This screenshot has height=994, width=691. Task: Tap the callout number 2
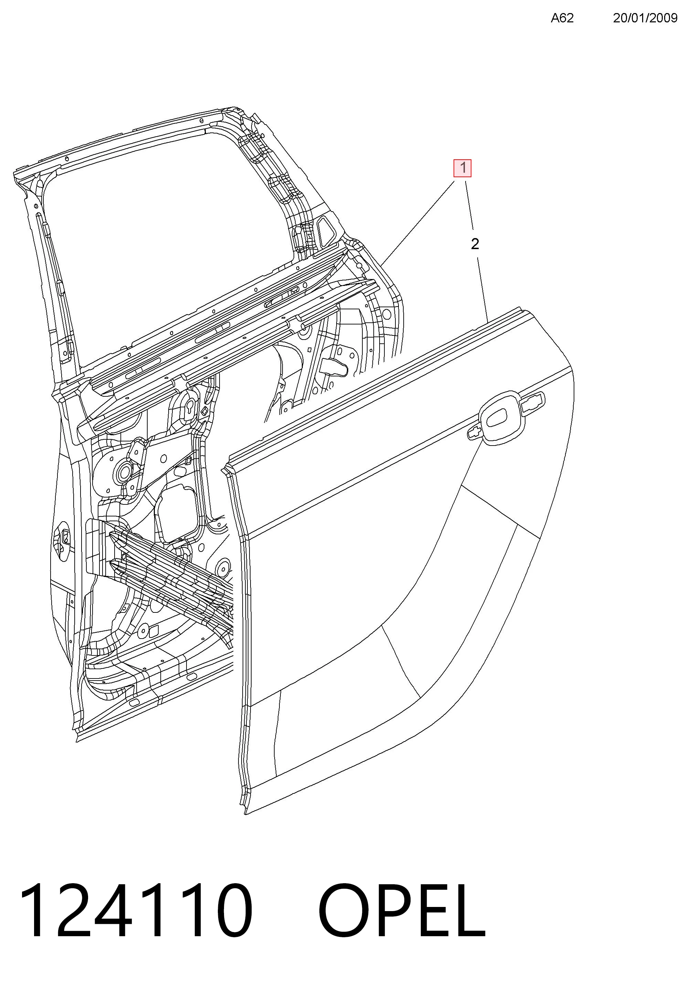tap(475, 244)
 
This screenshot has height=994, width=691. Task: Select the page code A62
tap(562, 18)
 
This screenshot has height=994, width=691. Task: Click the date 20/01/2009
tap(645, 18)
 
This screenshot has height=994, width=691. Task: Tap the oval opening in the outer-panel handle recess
tap(500, 417)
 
